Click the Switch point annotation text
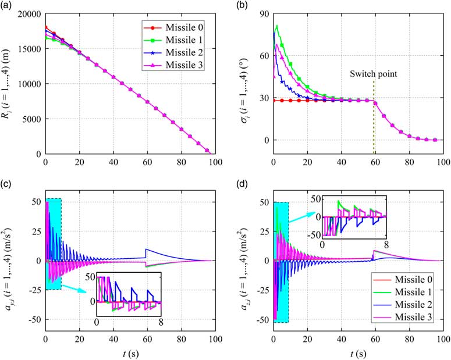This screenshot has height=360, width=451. [x=373, y=74]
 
